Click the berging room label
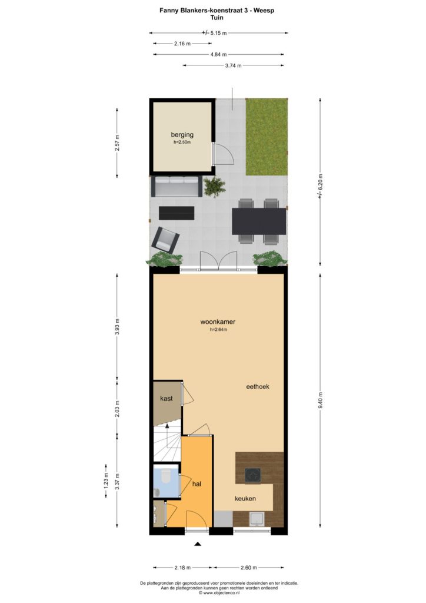[182, 135]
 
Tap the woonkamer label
[218, 322]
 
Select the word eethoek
[258, 387]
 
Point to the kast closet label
[167, 399]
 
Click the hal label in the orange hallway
[197, 484]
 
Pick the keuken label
[245, 499]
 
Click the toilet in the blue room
[166, 476]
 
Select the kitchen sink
[256, 519]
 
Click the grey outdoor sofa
[177, 185]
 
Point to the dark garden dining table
[259, 221]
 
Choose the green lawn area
[267, 137]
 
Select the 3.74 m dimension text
[233, 66]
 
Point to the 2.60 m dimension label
[248, 568]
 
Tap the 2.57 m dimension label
[118, 143]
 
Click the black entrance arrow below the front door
[198, 544]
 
